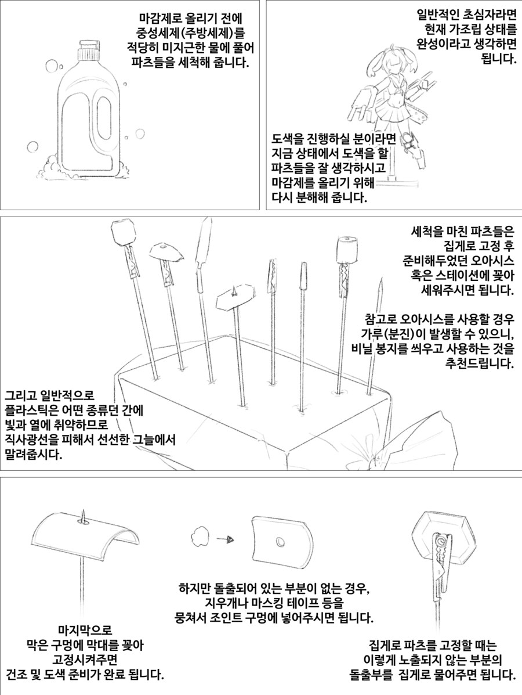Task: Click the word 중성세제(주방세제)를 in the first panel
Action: tap(190, 33)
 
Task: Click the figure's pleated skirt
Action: tap(389, 117)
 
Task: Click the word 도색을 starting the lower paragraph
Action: tap(288, 139)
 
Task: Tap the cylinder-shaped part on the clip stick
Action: tap(347, 250)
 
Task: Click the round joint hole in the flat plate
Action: tap(280, 542)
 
